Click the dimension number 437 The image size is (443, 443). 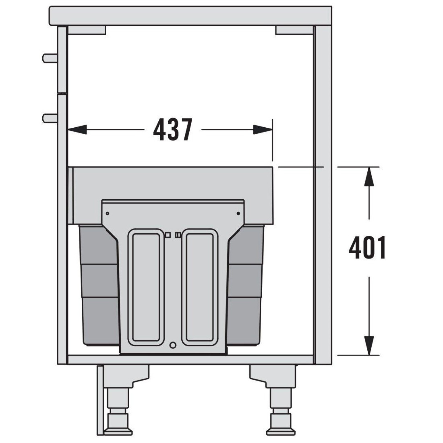click(x=172, y=130)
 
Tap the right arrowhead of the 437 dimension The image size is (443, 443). click(x=263, y=129)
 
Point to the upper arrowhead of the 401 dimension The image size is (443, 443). click(x=369, y=176)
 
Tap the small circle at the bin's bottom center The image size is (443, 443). click(x=173, y=345)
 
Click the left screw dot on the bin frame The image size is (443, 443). click(x=108, y=213)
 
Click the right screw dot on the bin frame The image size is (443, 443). click(x=238, y=213)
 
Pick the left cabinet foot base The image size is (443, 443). click(x=118, y=431)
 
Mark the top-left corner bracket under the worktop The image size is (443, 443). click(x=87, y=30)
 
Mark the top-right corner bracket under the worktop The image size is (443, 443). click(x=294, y=30)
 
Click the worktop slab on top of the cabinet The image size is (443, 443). click(x=190, y=16)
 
